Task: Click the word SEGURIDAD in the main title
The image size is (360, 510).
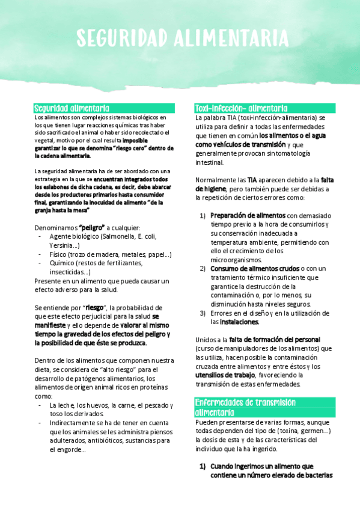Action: (x=122, y=38)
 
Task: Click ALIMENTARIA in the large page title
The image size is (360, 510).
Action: (x=231, y=38)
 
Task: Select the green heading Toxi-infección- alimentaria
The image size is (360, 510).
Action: (x=240, y=108)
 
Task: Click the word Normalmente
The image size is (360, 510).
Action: (x=216, y=179)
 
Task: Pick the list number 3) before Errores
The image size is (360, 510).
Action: (x=203, y=313)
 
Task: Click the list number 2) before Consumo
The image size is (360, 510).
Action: (x=203, y=268)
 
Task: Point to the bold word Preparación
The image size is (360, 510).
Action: (x=231, y=215)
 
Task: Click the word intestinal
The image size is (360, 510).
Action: (x=209, y=162)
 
